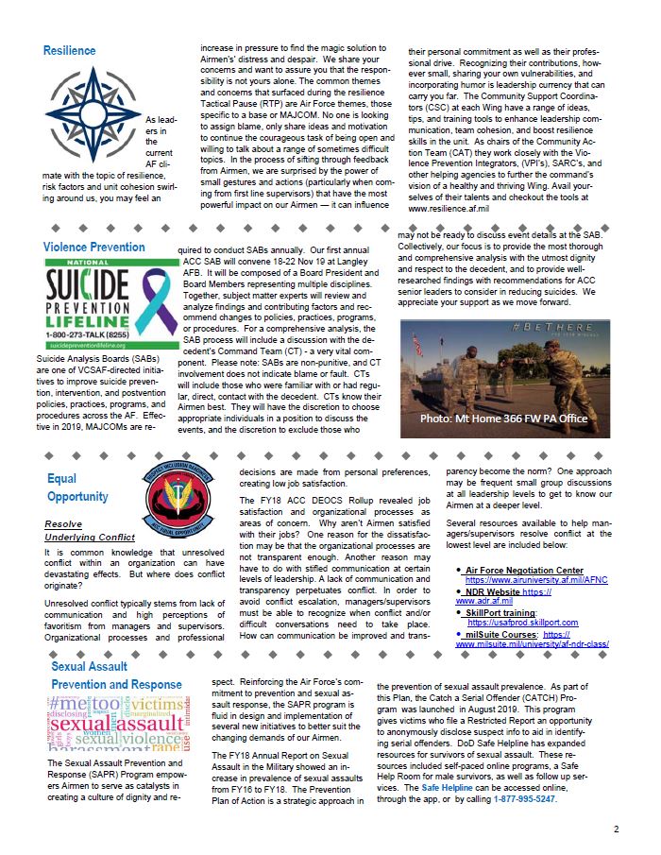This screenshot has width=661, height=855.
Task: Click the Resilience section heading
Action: [x=69, y=51]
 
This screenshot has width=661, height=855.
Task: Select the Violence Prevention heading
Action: [x=94, y=248]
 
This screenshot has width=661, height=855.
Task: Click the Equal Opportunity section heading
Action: [x=77, y=487]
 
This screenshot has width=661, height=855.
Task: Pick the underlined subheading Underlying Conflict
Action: [x=90, y=537]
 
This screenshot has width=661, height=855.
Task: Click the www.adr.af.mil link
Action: [x=483, y=600]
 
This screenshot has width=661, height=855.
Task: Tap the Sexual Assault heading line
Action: [x=90, y=666]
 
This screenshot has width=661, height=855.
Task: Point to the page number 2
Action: [x=616, y=829]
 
